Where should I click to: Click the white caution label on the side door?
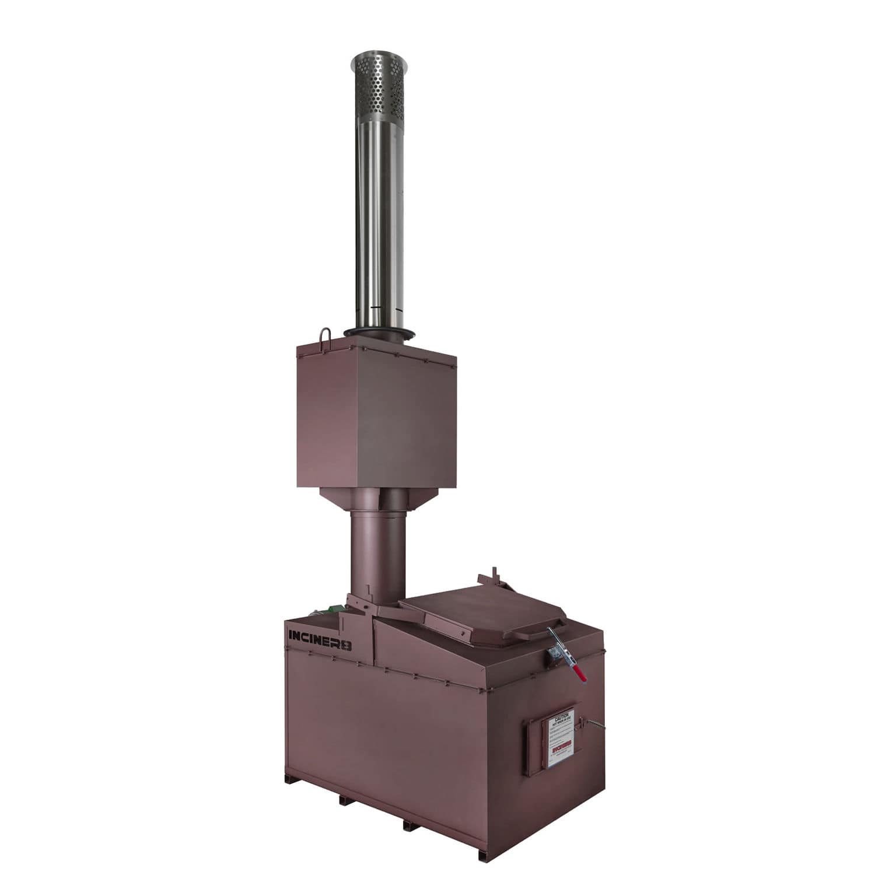(x=559, y=738)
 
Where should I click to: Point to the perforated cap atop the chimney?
(x=379, y=85)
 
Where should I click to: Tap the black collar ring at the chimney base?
(x=379, y=332)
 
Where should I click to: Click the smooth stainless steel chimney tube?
(x=379, y=222)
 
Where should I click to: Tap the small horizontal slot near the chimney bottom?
(x=375, y=309)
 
